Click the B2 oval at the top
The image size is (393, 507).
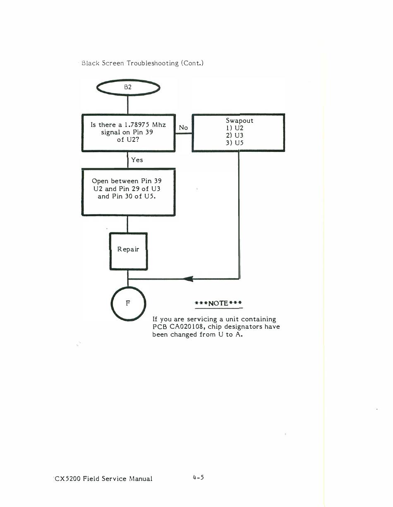[x=128, y=88]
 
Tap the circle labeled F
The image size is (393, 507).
[x=128, y=304]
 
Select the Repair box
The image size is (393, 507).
[x=128, y=251]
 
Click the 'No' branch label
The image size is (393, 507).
[x=183, y=128]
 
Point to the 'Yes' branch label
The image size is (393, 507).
[x=137, y=160]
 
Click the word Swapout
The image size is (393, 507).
[x=239, y=121]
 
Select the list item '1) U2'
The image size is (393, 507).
[x=234, y=128]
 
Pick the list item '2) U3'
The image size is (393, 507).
[x=234, y=135]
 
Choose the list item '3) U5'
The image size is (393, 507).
[x=234, y=143]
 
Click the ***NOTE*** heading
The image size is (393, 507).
[x=218, y=304]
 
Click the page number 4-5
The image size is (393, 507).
[x=198, y=477]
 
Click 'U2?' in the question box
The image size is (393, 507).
[x=133, y=140]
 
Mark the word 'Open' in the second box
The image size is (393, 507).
[x=100, y=181]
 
